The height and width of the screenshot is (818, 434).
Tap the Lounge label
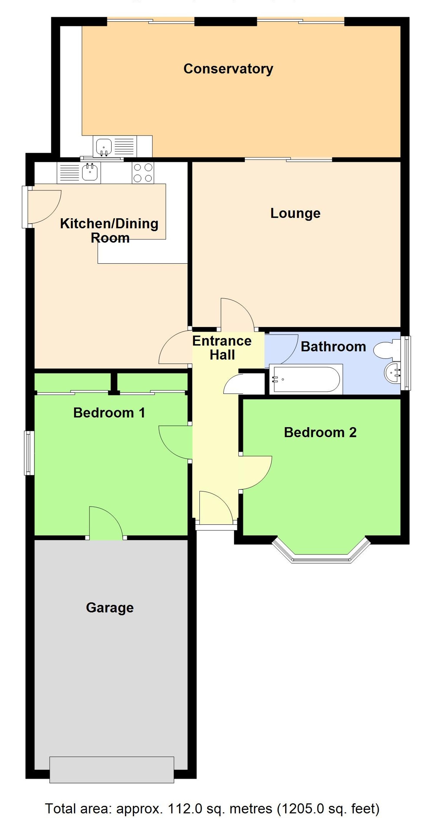295,213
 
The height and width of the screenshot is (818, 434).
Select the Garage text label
110,607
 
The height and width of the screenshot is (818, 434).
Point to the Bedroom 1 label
109,413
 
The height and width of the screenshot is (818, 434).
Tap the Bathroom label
333,347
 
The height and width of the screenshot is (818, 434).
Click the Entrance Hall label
222,348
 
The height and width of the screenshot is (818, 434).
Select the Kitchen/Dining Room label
109,230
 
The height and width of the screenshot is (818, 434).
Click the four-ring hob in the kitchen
143,173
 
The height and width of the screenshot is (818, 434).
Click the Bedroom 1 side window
29,453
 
